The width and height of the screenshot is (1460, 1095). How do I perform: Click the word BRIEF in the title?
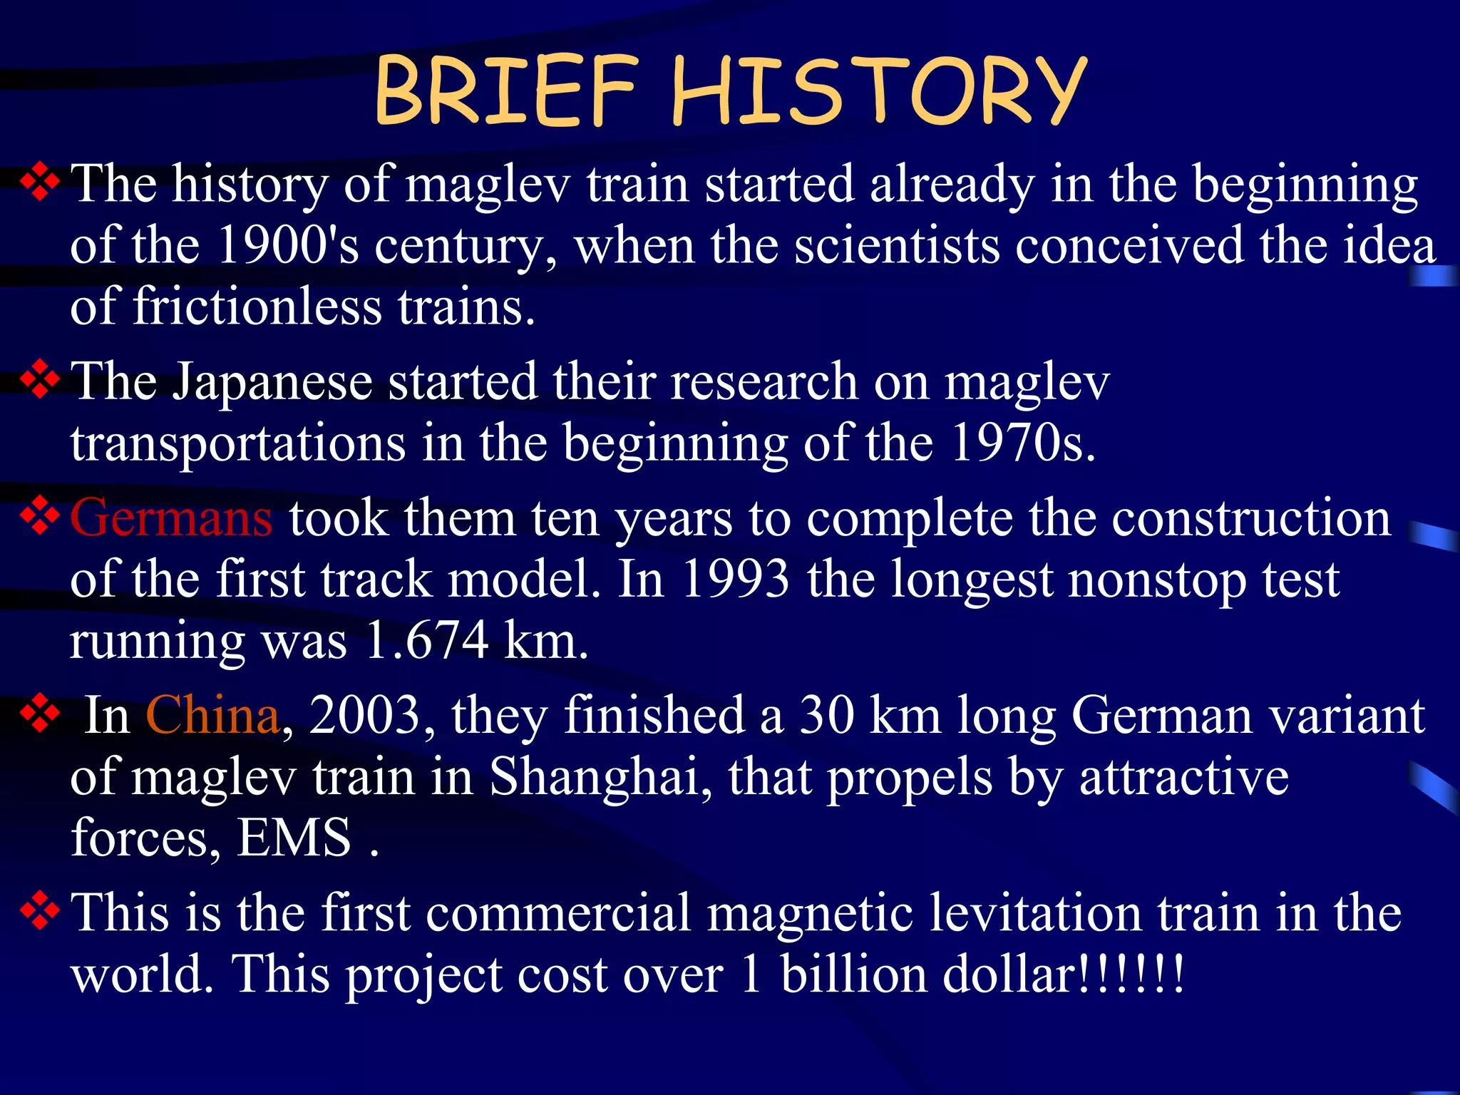505,91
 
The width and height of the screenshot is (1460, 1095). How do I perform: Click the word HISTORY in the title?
878,91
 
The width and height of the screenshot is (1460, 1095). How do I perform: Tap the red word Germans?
171,518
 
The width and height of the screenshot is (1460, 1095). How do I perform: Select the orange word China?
212,715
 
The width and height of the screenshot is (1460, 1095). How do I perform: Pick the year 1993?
735,579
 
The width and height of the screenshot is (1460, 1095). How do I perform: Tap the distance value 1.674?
426,640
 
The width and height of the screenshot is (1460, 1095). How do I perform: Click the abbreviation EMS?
294,838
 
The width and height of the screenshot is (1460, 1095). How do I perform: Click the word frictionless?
257,307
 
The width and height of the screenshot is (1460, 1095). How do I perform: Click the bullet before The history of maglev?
40,183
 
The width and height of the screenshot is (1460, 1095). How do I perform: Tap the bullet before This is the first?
40,912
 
